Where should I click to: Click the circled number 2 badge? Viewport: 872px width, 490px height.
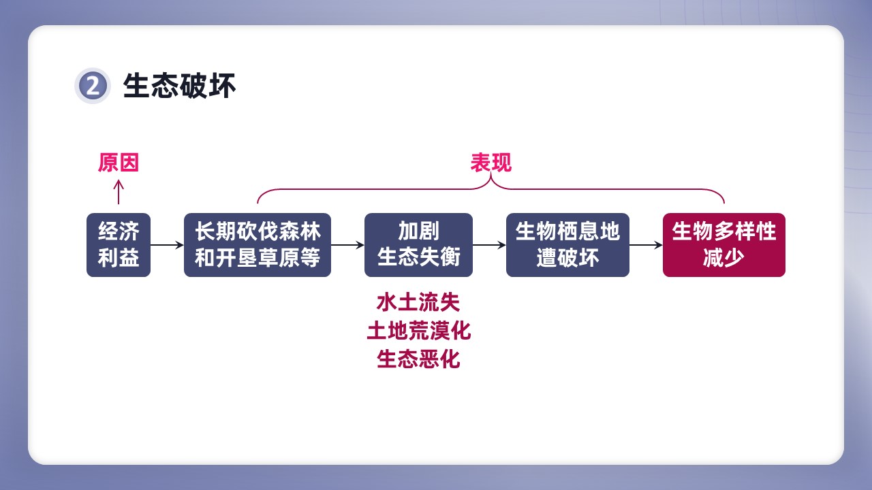click(93, 86)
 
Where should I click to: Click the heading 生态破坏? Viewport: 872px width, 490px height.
click(179, 86)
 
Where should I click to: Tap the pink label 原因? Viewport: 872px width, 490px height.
click(119, 162)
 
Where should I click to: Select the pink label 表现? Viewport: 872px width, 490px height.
click(491, 162)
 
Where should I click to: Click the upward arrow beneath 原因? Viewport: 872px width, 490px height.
click(119, 192)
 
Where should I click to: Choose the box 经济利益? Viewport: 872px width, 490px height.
click(119, 245)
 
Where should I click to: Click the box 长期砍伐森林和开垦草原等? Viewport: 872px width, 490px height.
click(258, 245)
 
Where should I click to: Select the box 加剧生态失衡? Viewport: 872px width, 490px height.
click(418, 245)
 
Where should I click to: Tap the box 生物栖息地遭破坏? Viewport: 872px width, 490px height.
click(567, 245)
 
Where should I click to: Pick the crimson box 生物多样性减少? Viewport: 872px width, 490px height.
click(724, 245)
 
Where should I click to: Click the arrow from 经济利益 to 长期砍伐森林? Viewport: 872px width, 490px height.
click(167, 245)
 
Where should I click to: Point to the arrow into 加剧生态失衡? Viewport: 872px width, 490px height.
click(347, 245)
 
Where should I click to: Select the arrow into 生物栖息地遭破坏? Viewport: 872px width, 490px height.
click(489, 245)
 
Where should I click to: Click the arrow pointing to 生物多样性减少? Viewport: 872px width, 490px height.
click(647, 245)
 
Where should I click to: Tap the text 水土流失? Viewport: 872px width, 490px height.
click(418, 302)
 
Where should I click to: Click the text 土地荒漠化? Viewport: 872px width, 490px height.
click(418, 331)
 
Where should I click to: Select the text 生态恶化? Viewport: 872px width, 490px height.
click(418, 359)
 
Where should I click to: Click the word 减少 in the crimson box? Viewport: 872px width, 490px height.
click(724, 257)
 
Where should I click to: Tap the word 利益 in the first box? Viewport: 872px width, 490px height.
click(119, 257)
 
